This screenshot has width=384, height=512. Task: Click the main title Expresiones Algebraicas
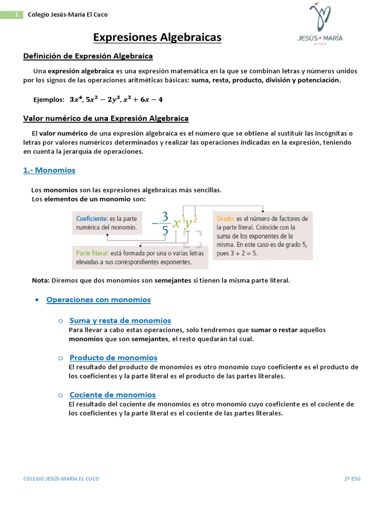click(x=157, y=37)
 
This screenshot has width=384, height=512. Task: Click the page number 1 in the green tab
click(x=16, y=14)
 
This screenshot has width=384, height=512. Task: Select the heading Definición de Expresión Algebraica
click(x=88, y=56)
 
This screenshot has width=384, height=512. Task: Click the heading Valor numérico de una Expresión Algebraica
click(x=106, y=118)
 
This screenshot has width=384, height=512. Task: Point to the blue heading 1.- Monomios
click(x=49, y=170)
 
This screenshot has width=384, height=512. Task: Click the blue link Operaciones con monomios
click(x=98, y=299)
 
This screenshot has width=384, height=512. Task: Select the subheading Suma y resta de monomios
click(x=120, y=320)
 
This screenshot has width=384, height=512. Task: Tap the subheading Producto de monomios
click(x=113, y=357)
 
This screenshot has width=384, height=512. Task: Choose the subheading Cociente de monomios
click(x=112, y=394)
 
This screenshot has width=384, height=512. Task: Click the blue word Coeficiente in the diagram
click(x=91, y=218)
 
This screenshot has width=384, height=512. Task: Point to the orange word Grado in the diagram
click(x=225, y=218)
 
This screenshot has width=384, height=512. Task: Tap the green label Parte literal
click(x=93, y=253)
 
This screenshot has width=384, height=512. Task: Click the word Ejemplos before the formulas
click(x=49, y=99)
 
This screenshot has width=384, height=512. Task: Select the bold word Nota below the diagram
click(x=40, y=280)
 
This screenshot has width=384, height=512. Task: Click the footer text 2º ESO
click(x=352, y=478)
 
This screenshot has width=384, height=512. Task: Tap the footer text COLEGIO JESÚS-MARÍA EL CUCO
click(x=61, y=478)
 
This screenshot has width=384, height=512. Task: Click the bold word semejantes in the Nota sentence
click(x=173, y=280)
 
